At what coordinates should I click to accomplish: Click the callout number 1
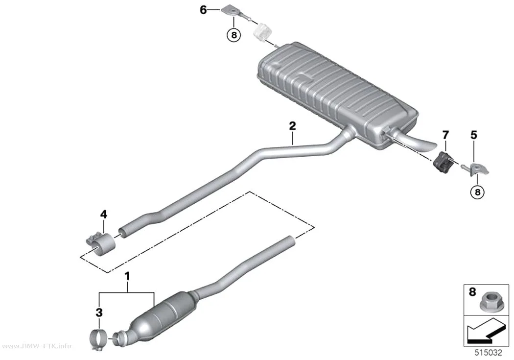tap(127, 276)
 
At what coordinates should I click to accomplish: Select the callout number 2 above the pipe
tap(292, 126)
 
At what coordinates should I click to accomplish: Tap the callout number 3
tap(99, 312)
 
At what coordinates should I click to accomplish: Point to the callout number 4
tap(104, 215)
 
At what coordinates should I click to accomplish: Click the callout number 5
tap(474, 135)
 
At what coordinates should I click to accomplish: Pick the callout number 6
tap(203, 10)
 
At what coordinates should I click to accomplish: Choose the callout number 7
tap(445, 135)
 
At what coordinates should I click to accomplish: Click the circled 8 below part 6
tap(234, 35)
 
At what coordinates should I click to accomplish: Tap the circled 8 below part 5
tap(477, 192)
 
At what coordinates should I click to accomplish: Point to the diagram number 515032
tap(489, 353)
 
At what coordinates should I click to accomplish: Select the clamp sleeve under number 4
tap(99, 244)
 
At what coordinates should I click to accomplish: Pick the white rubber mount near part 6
tap(263, 32)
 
